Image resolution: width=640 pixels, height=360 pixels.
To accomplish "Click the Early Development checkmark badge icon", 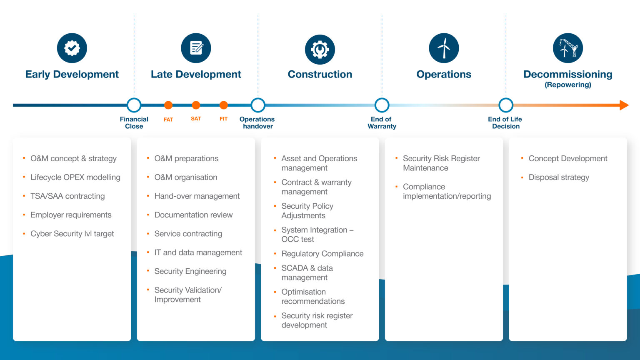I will click(72, 48).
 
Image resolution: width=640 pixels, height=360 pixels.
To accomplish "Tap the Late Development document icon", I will click(196, 48).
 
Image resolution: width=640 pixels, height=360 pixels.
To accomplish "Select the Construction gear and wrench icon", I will click(320, 49).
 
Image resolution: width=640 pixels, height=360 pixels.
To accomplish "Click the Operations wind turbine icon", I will click(444, 48).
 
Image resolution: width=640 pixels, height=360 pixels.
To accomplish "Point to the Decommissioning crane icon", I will click(568, 48).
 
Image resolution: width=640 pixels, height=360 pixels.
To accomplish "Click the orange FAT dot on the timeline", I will click(168, 105).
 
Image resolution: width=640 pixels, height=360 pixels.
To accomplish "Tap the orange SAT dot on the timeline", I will click(196, 105).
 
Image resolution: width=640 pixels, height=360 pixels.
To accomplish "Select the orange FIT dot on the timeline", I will click(224, 105).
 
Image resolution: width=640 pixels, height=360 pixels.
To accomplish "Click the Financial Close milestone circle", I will click(134, 105).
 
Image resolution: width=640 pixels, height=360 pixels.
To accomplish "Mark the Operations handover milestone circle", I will click(258, 105).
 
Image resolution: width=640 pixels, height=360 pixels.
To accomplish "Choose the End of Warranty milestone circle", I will click(382, 105).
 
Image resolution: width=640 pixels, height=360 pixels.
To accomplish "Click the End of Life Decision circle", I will click(506, 105).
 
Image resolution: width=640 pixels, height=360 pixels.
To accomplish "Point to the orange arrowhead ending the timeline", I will click(624, 105).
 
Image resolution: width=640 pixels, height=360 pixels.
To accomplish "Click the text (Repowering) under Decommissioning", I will click(568, 85).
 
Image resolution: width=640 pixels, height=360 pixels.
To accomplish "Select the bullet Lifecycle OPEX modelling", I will click(75, 177).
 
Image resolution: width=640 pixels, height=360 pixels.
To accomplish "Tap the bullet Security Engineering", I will click(190, 271).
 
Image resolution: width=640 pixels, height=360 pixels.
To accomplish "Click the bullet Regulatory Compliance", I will click(322, 254).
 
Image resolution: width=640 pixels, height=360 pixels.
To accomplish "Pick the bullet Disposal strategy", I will click(559, 177).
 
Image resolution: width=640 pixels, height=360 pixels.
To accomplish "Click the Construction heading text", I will click(320, 75).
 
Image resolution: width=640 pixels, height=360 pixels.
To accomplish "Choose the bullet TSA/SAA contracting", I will click(67, 196).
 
